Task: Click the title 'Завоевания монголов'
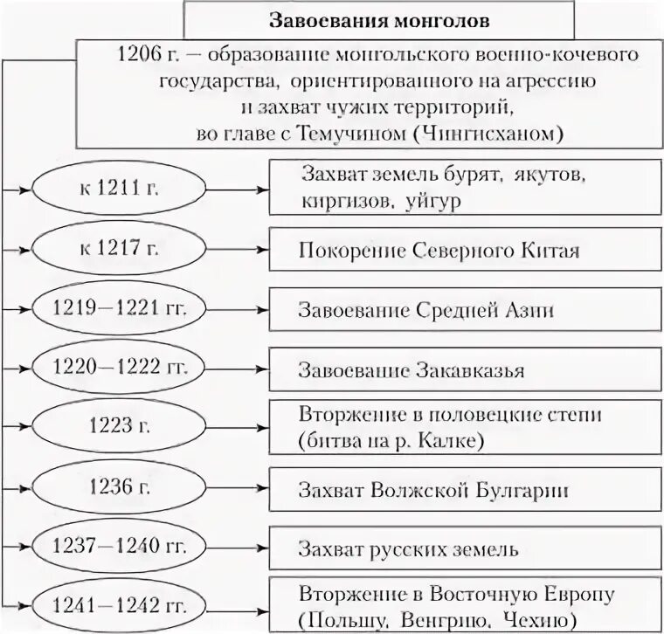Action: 378,18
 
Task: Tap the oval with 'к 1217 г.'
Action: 120,249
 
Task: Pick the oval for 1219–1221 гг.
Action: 120,309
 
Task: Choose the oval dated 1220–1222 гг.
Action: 120,369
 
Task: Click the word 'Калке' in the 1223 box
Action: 452,441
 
